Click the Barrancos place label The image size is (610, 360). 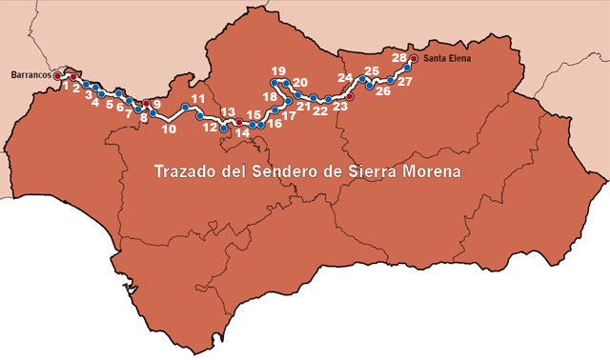coord(30,73)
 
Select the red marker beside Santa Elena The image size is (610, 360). coord(413,58)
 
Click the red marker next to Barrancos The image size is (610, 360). coord(57,74)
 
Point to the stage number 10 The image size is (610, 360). coord(169,129)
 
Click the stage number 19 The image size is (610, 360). coord(278,71)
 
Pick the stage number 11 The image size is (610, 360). coord(197,98)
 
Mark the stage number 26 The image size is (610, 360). coord(383,92)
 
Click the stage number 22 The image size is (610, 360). coord(320,111)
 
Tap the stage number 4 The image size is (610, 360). coord(94,102)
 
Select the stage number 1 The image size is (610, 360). coord(65,87)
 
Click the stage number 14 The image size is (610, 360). coord(242,133)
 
